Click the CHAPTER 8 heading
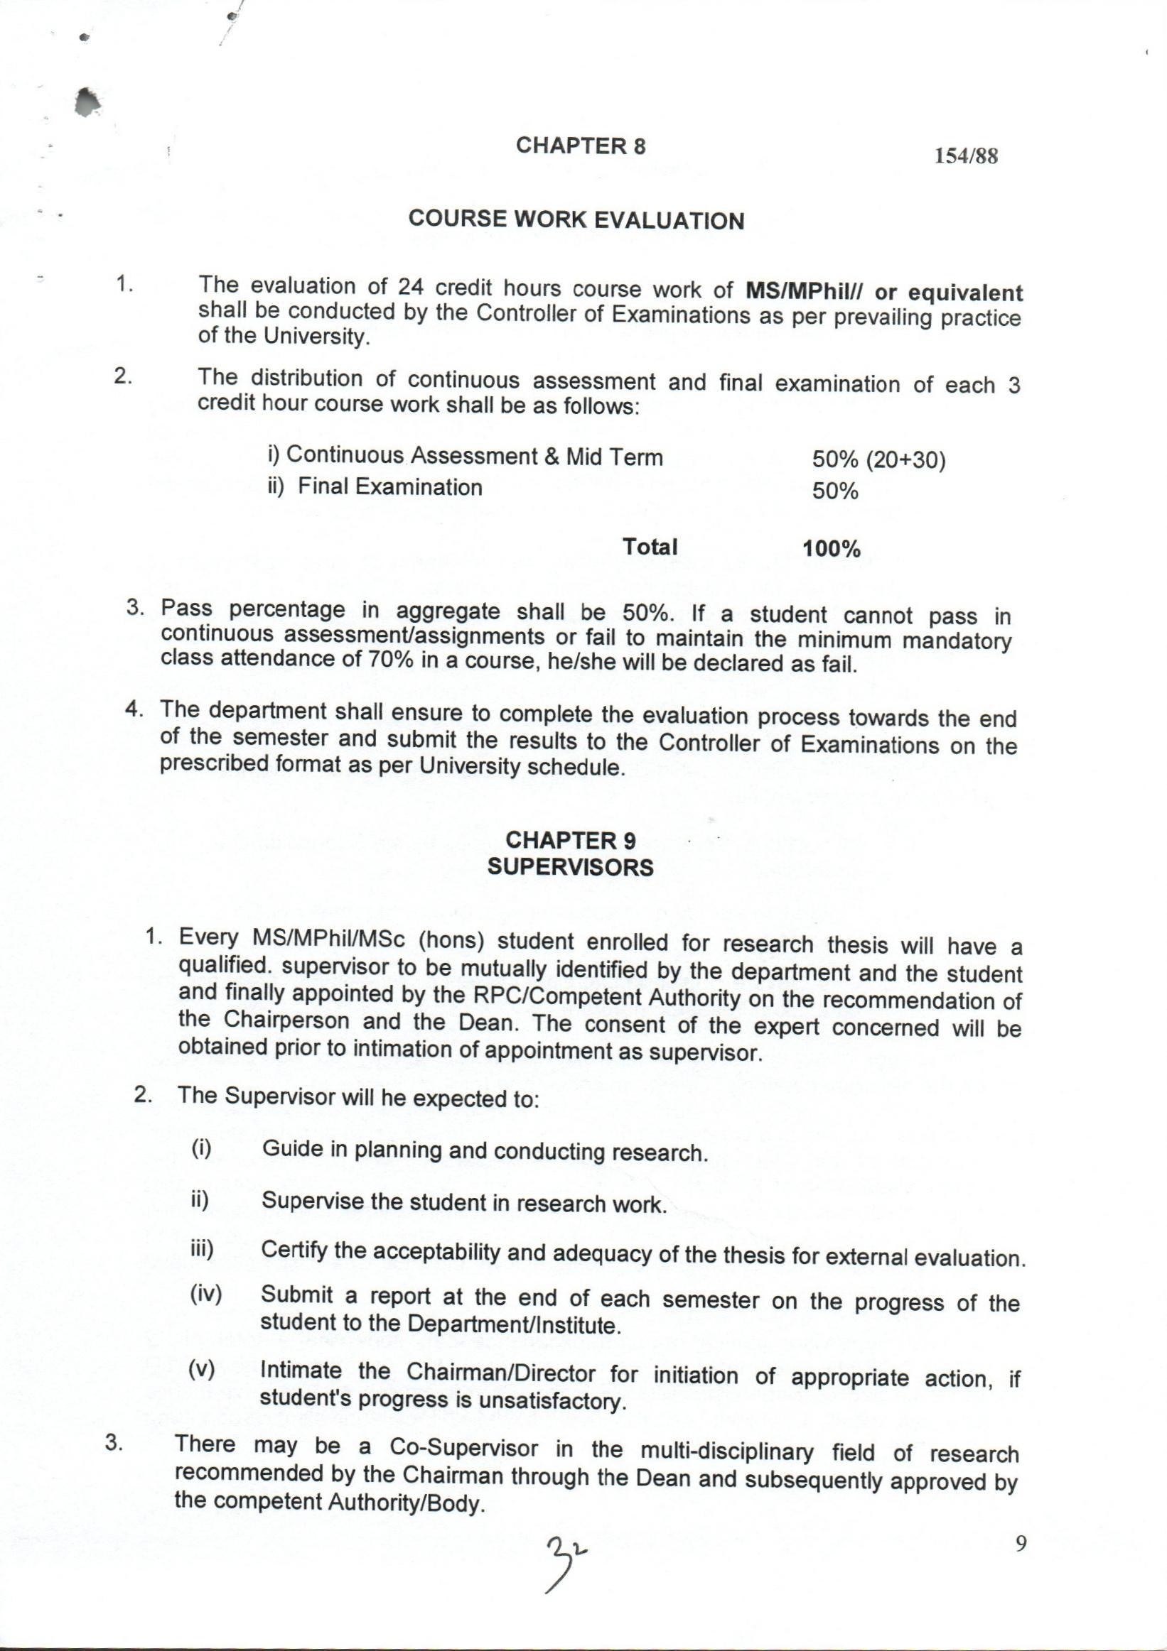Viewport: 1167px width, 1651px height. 581,146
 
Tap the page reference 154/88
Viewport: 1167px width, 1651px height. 967,156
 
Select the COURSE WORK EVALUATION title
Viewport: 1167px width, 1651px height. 576,220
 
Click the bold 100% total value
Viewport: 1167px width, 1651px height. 832,550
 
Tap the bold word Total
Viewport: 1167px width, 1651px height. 650,547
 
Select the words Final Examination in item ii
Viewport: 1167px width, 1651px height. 390,488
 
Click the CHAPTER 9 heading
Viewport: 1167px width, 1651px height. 571,840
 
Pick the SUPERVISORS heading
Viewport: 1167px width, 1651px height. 571,867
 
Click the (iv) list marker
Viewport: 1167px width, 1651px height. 206,1295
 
